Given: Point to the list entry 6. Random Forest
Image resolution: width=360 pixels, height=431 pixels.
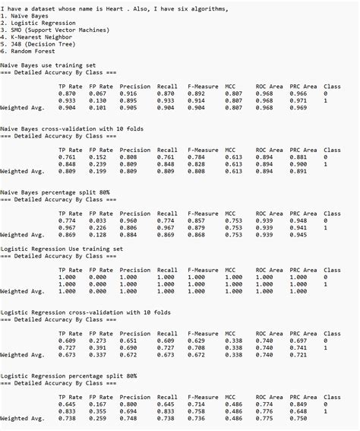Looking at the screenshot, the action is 29,51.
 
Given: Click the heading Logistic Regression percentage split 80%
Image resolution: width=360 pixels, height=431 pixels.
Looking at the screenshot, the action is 68,376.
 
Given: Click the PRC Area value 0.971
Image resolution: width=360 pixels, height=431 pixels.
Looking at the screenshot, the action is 298,100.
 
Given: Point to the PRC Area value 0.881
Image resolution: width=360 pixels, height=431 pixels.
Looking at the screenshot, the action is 298,157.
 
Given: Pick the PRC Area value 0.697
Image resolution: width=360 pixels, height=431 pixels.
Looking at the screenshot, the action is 298,341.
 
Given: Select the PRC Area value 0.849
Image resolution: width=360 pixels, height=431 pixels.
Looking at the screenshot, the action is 298,404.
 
